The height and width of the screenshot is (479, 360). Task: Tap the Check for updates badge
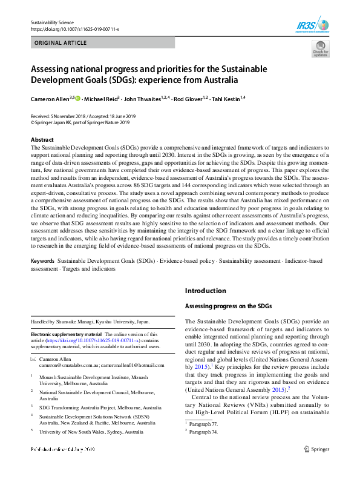click(320, 50)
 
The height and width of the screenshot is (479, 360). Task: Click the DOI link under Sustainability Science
click(74, 29)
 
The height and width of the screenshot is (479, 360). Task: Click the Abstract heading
click(42, 139)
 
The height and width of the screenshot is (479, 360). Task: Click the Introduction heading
click(206, 291)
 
